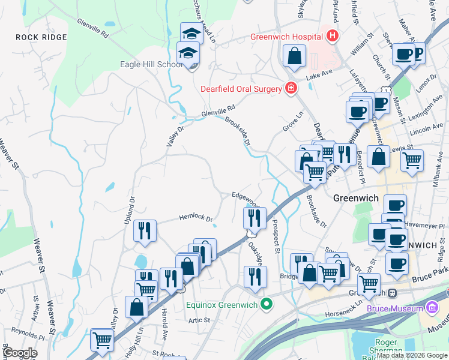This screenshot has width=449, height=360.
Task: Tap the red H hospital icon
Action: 333,37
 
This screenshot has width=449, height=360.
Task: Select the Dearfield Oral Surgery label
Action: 241,89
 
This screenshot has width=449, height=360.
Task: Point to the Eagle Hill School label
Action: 151,65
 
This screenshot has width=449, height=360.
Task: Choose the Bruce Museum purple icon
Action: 432,308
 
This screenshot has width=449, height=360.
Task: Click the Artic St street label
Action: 198,320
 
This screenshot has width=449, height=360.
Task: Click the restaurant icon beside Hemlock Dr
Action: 145,231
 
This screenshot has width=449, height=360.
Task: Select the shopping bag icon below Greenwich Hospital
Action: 295,57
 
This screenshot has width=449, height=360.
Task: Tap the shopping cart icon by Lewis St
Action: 412,160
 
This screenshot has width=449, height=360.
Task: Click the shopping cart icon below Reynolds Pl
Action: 102,340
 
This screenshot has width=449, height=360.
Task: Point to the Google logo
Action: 20,353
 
